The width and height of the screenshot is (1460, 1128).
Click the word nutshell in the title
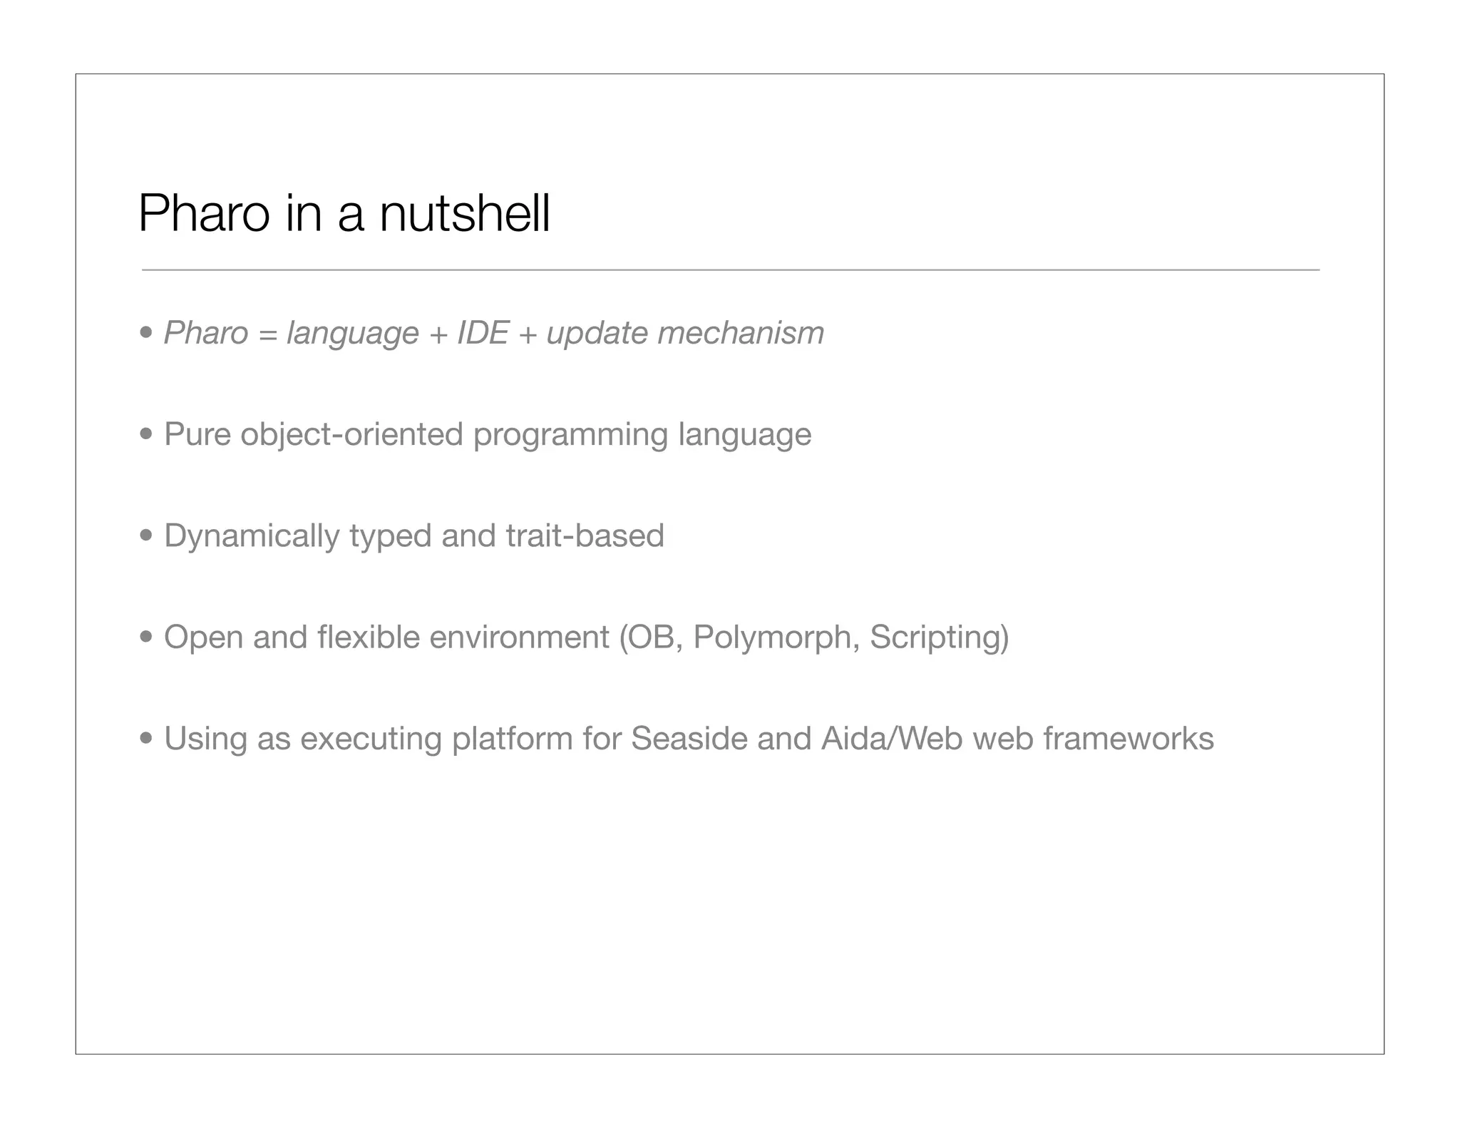(x=465, y=213)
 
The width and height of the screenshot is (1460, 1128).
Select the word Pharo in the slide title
(x=204, y=213)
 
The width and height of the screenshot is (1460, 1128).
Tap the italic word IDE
(x=483, y=333)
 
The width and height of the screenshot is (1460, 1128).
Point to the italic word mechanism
(x=740, y=333)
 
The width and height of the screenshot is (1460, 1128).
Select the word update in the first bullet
(x=597, y=333)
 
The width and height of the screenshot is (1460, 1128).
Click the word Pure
(x=197, y=434)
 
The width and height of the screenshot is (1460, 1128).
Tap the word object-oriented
(x=351, y=434)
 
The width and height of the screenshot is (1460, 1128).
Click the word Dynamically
(x=252, y=536)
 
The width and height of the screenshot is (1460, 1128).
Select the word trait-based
(x=585, y=535)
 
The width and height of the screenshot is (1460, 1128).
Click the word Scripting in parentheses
(x=935, y=637)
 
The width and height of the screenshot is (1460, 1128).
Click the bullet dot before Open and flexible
(x=146, y=636)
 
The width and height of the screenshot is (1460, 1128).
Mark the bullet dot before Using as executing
(x=146, y=737)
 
